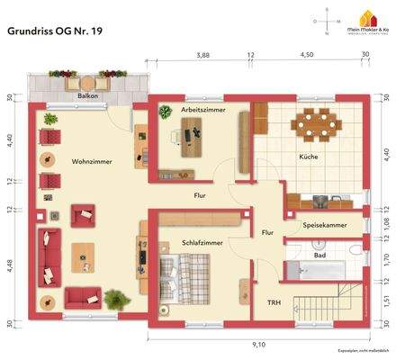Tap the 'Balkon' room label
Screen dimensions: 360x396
(x=87, y=94)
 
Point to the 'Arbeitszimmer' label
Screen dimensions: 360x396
(x=202, y=109)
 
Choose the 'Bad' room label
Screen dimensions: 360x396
(x=319, y=256)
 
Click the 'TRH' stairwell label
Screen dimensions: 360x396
(x=274, y=302)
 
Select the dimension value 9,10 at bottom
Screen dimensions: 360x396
(x=259, y=344)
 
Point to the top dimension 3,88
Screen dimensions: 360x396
(x=202, y=55)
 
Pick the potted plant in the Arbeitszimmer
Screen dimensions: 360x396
(x=166, y=112)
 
